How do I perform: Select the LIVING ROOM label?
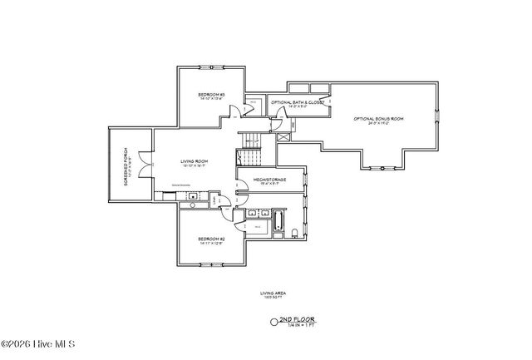195,161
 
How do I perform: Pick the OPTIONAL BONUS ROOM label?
378,119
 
